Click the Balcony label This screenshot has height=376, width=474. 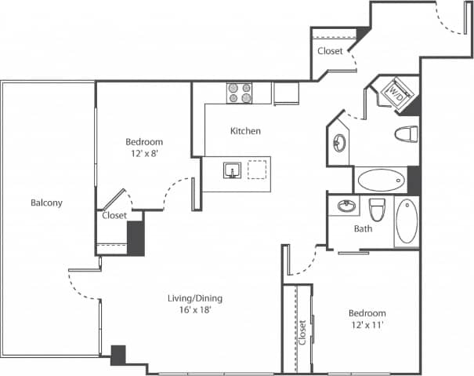(x=46, y=203)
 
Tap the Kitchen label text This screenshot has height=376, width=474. (x=245, y=131)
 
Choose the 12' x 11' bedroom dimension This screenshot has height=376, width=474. (x=367, y=324)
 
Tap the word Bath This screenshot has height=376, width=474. (x=363, y=229)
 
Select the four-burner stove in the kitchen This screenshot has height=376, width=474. (x=240, y=93)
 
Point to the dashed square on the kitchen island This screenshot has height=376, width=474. (x=257, y=170)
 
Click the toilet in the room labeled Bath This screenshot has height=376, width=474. (x=377, y=210)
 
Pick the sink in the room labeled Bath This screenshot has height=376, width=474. (x=346, y=208)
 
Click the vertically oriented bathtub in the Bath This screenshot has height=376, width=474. (x=406, y=222)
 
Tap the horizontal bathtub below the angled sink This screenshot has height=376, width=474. (x=381, y=181)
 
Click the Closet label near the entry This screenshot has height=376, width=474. (x=330, y=51)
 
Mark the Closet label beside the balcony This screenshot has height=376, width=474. (x=114, y=214)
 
